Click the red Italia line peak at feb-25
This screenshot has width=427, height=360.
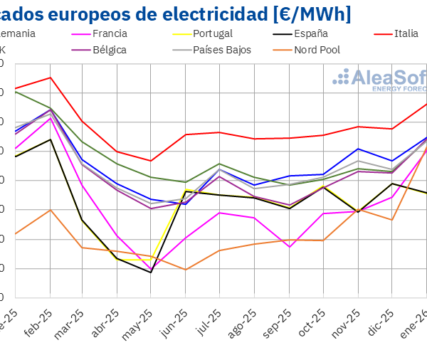click(x=50, y=77)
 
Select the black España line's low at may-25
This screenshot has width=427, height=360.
click(x=151, y=272)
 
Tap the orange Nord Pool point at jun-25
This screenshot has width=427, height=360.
click(x=186, y=270)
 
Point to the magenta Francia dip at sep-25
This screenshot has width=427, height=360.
click(x=289, y=247)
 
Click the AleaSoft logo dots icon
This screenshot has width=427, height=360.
click(x=342, y=78)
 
